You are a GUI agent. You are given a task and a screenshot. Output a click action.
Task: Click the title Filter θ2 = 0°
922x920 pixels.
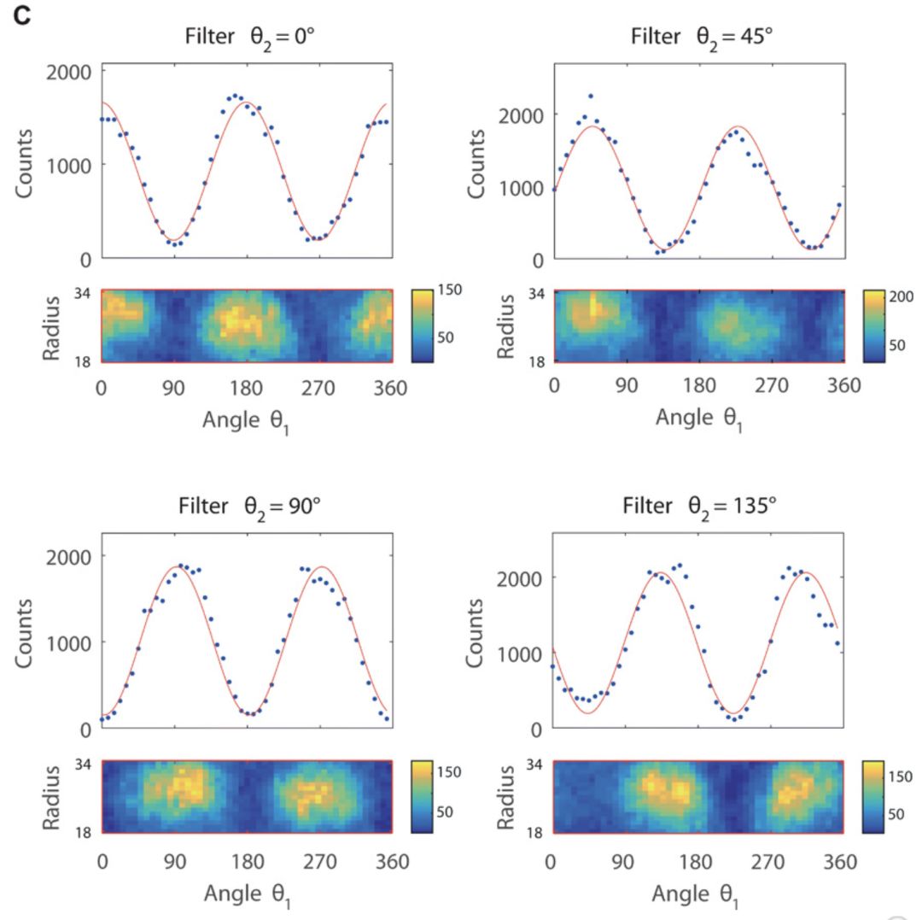[248, 38]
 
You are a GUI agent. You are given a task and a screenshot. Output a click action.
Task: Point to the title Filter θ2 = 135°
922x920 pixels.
[700, 507]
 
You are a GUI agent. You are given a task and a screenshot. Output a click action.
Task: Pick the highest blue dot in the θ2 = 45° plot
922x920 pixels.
[590, 97]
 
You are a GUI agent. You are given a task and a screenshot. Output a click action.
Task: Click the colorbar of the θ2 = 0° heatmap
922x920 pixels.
[424, 325]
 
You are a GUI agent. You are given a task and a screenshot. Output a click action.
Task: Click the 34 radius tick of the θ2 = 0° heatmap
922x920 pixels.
[82, 292]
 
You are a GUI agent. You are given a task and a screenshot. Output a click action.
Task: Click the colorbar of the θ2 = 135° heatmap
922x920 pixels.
[876, 794]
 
